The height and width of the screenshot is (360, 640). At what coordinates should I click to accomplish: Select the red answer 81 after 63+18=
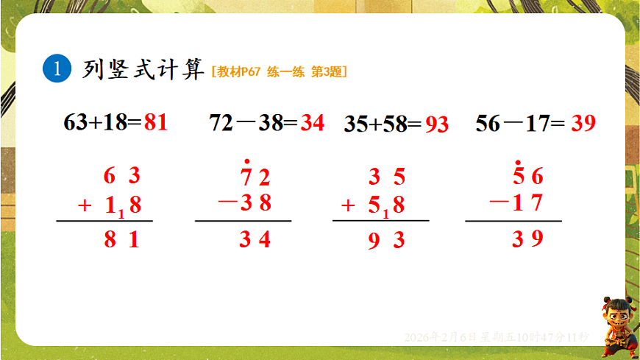coord(156,122)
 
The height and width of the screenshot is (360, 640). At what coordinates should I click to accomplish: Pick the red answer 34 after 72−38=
coord(313,122)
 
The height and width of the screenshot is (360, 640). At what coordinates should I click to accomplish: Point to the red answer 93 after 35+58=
coord(436,124)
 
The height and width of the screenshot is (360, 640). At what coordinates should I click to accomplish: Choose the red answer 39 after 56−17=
coord(583,122)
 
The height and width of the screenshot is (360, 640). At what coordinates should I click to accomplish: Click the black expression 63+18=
coord(102,122)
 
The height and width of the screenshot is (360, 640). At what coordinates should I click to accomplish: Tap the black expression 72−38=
coord(254,122)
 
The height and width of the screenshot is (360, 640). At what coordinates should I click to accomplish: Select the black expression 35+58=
coord(383,124)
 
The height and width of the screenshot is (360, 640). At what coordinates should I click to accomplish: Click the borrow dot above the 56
coord(518,162)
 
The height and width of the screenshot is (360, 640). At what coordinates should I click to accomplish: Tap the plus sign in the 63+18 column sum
coord(85,205)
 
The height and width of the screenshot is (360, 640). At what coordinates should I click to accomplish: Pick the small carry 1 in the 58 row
coord(385,214)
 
